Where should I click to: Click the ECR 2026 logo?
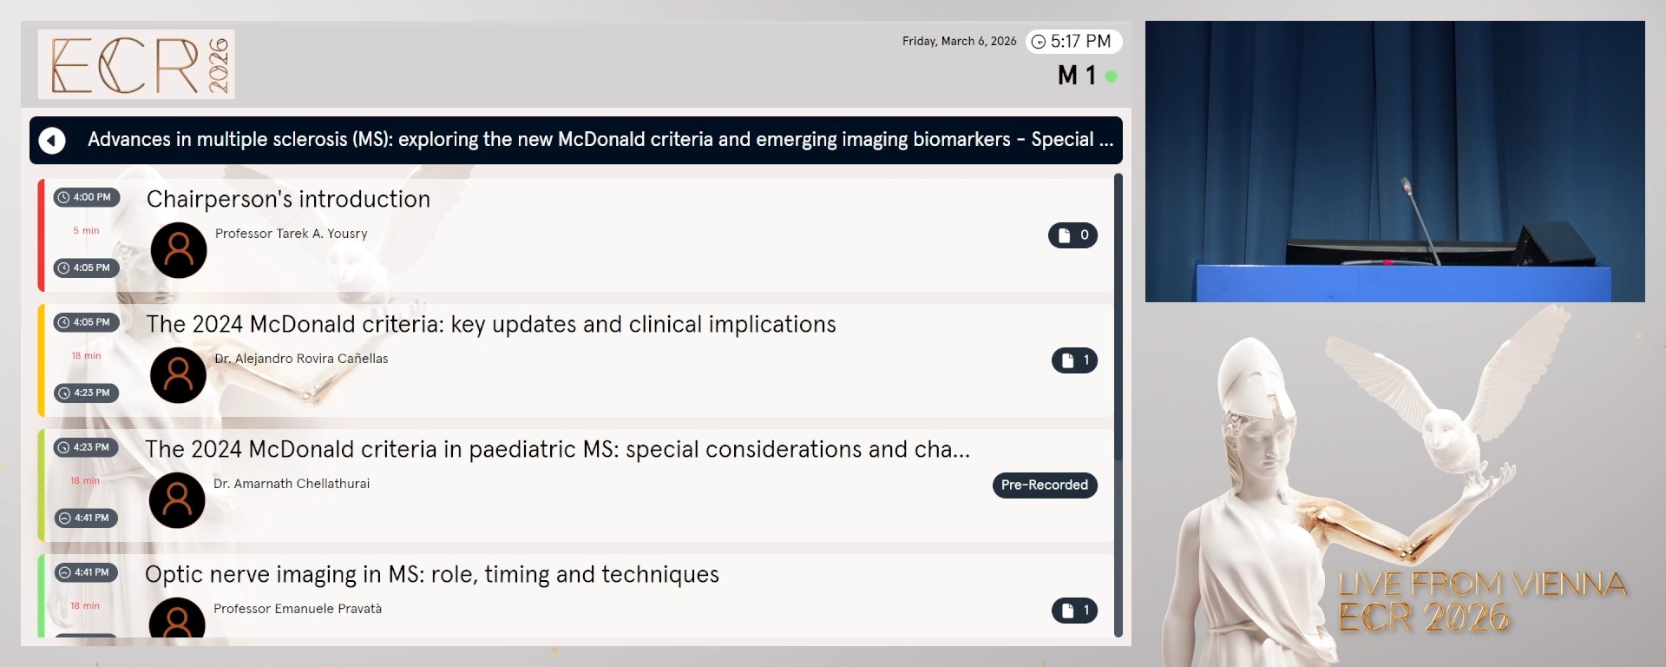click(136, 64)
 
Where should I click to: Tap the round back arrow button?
click(52, 140)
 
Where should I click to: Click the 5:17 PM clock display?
click(1073, 42)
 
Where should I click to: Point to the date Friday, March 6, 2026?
click(959, 42)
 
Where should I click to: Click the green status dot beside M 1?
click(1111, 76)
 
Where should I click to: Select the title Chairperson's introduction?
click(288, 199)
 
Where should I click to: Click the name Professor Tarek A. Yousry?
click(291, 234)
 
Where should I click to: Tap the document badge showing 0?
click(1072, 235)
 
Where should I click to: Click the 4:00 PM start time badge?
click(87, 197)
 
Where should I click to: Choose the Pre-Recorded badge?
click(1044, 485)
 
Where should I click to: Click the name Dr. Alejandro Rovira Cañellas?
click(301, 359)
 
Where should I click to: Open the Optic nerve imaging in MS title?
click(431, 574)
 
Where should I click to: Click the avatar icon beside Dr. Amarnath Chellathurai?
click(177, 500)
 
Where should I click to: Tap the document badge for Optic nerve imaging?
click(1074, 611)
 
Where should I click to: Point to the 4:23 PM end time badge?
click(87, 393)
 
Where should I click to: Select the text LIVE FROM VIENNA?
click(1482, 584)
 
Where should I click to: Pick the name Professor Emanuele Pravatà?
click(297, 609)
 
